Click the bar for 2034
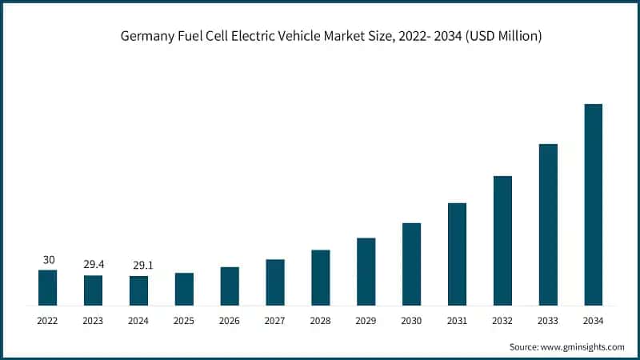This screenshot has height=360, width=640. [x=593, y=205]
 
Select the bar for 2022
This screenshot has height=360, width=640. [x=48, y=288]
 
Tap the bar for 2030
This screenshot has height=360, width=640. [x=411, y=264]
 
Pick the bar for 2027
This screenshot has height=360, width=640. [x=275, y=282]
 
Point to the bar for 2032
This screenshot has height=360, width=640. [x=502, y=241]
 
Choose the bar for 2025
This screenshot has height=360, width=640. [x=184, y=289]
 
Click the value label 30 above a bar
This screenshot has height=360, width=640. [x=48, y=260]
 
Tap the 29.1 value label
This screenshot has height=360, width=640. [x=138, y=266]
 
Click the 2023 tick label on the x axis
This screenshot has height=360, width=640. [x=94, y=320]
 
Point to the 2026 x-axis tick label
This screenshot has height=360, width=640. [x=230, y=320]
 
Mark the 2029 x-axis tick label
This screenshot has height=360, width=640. [x=366, y=320]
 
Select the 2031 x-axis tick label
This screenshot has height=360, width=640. [x=457, y=320]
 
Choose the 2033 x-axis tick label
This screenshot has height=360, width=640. [x=547, y=320]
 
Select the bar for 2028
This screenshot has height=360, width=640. [x=321, y=278]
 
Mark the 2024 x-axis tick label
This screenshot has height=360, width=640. [x=138, y=320]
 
